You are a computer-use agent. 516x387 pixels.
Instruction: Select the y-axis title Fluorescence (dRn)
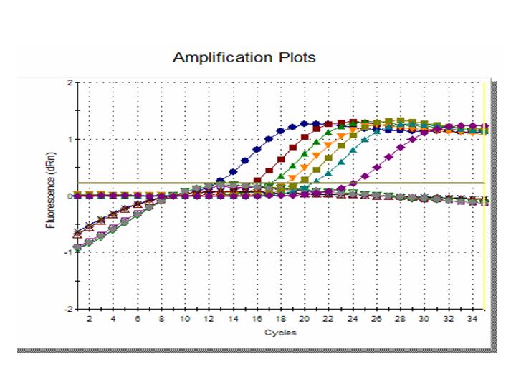click(51, 195)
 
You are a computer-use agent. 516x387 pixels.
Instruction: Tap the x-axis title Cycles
click(280, 333)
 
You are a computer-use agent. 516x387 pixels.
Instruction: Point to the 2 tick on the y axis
click(70, 82)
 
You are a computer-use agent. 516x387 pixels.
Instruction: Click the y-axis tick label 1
click(70, 139)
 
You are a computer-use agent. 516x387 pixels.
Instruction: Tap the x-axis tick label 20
click(305, 319)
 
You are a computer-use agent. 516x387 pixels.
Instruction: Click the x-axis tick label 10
click(185, 319)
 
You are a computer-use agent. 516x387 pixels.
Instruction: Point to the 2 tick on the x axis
click(89, 319)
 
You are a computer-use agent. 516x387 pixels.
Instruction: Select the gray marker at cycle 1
click(77, 248)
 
